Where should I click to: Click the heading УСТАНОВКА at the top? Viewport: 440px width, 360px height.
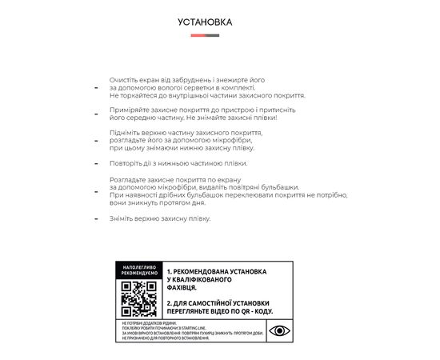(205, 22)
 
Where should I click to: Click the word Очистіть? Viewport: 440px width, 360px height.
(126, 80)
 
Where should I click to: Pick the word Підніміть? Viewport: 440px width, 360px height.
(128, 131)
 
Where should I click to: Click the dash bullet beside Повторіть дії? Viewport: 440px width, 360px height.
(95, 164)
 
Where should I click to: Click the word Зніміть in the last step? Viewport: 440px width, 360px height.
(124, 218)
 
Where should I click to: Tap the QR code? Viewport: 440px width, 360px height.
(138, 299)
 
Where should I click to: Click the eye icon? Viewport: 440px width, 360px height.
(279, 330)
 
